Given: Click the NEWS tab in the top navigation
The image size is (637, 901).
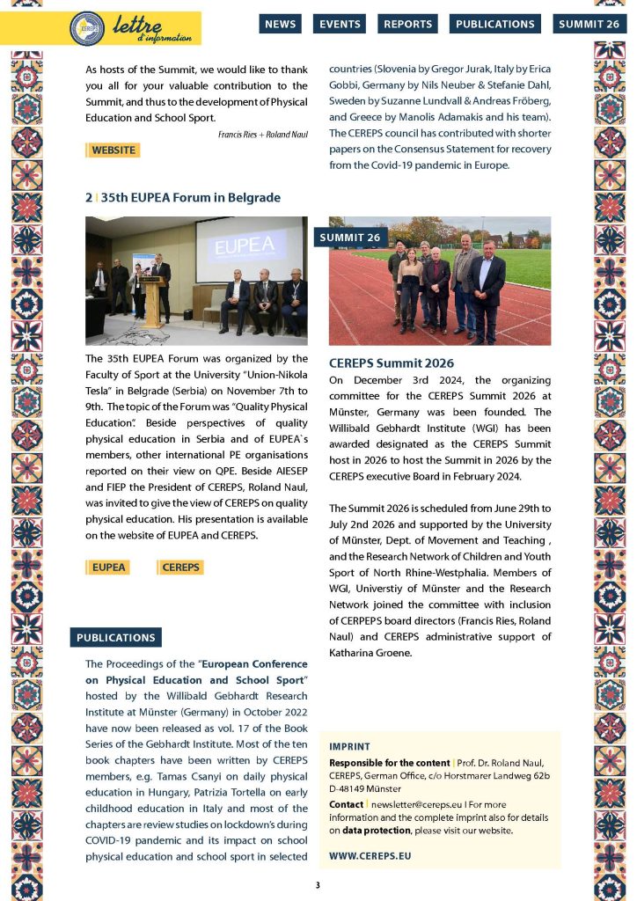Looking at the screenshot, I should (x=280, y=25).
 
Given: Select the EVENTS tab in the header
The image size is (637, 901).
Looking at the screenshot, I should (x=340, y=25).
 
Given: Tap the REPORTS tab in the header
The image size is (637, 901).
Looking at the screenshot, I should (x=408, y=25).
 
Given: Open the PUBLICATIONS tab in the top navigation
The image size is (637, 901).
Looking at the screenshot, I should (x=495, y=25).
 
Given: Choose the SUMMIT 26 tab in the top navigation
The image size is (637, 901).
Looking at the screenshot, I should (x=589, y=25).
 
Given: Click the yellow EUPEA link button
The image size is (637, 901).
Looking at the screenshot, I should (x=109, y=568).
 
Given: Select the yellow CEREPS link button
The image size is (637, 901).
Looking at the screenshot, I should (x=180, y=568).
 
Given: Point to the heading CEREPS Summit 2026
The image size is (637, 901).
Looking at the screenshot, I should (x=391, y=363).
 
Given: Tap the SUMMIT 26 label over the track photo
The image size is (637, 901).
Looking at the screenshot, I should (x=350, y=238).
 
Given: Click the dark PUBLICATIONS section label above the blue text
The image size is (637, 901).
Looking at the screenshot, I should (x=115, y=638).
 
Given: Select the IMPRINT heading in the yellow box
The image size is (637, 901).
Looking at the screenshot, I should (x=349, y=746).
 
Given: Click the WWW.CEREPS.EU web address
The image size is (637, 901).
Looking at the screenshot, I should (x=370, y=855).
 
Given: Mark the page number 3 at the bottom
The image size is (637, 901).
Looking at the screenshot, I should (x=318, y=884).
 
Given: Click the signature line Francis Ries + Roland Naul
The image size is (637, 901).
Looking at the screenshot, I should (x=261, y=134).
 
